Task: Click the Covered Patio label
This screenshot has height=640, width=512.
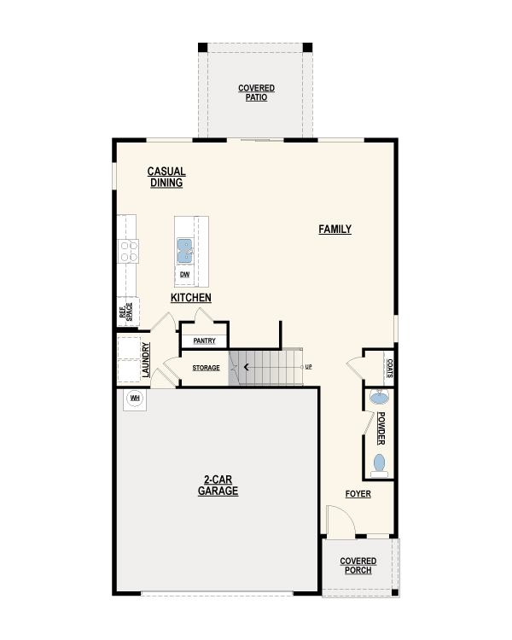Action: click(256, 93)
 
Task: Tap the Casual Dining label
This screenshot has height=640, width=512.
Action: click(166, 177)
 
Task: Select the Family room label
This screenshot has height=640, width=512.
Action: click(335, 229)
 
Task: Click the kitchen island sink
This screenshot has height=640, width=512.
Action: click(184, 251)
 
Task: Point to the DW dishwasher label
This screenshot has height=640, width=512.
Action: click(184, 275)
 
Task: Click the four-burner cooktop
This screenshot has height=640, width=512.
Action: click(128, 252)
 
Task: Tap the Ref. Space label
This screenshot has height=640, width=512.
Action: click(125, 311)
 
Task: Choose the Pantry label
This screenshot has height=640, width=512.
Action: click(204, 340)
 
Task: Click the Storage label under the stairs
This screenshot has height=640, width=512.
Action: click(206, 368)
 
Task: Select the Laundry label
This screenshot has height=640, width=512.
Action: click(146, 359)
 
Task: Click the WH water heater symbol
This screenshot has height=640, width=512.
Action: click(135, 398)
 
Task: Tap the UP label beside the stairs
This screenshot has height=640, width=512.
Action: click(308, 367)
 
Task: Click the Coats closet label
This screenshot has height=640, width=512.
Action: click(390, 368)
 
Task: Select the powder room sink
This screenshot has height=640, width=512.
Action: click(379, 396)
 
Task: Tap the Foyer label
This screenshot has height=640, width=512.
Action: click(358, 494)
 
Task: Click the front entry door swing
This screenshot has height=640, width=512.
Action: click(341, 521)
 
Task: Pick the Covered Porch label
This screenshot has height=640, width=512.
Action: click(358, 566)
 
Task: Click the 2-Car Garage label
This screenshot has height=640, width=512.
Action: click(218, 486)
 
